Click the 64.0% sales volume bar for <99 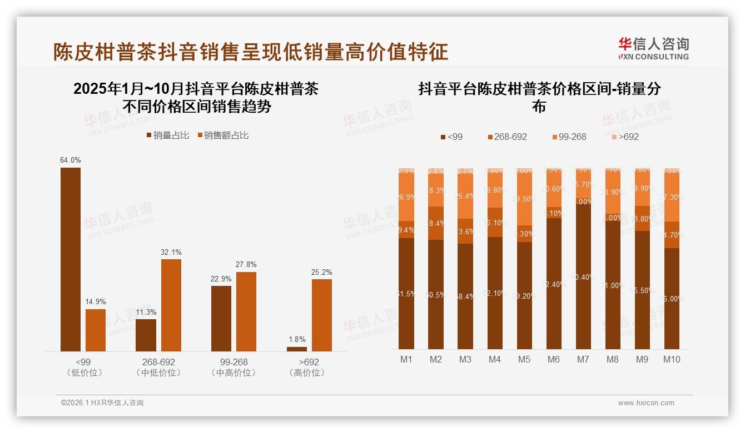pyautogui.click(x=71, y=259)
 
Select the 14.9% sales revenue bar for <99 pyautogui.click(x=96, y=330)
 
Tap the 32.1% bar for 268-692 pyautogui.click(x=171, y=305)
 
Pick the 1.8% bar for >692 pyautogui.click(x=297, y=349)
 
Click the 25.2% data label pyautogui.click(x=322, y=272)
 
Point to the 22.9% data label pyautogui.click(x=221, y=279)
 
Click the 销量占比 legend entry pyautogui.click(x=168, y=135)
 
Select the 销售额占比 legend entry pyautogui.click(x=223, y=135)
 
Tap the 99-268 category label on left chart pyautogui.click(x=234, y=362)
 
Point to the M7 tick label pyautogui.click(x=583, y=359)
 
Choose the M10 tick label pyautogui.click(x=672, y=359)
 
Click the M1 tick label pyautogui.click(x=406, y=359)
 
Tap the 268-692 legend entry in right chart pyautogui.click(x=507, y=137)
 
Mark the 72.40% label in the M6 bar pyautogui.click(x=554, y=284)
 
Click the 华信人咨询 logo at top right pyautogui.click(x=653, y=48)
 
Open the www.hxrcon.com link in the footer pyautogui.click(x=646, y=403)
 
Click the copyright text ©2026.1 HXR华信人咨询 pyautogui.click(x=102, y=403)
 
